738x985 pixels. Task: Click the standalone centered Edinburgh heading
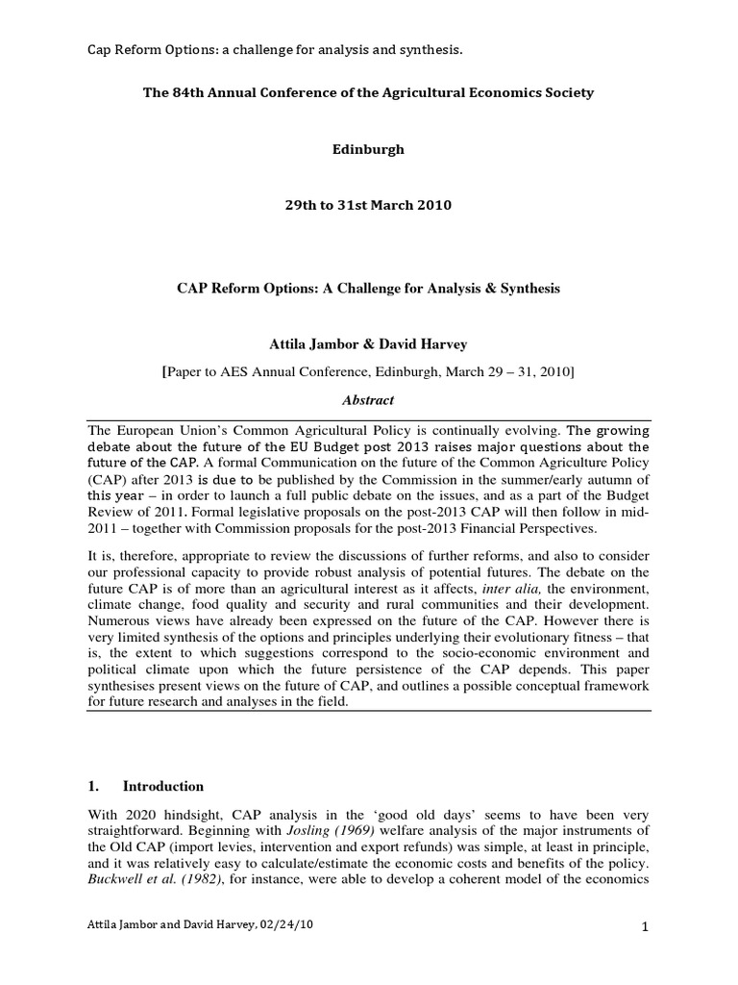pos(368,150)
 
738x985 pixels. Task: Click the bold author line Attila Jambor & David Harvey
pos(368,343)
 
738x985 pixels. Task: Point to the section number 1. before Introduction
pos(93,786)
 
